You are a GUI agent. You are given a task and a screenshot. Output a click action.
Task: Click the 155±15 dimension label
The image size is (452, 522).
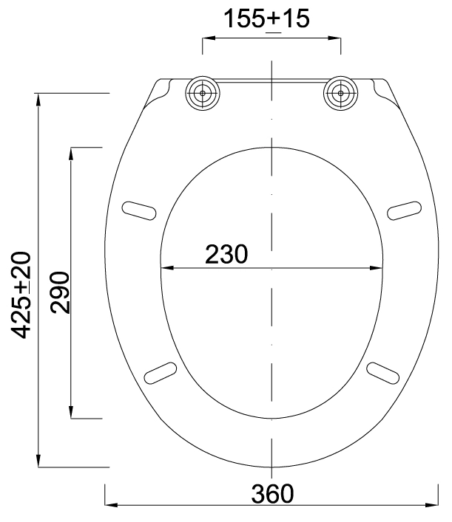[266, 19]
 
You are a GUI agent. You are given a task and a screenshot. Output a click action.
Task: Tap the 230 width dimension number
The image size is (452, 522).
[226, 254]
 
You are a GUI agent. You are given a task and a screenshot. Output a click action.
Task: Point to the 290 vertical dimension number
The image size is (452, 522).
[60, 292]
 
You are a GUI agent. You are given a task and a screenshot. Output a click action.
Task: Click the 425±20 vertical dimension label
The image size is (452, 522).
[21, 295]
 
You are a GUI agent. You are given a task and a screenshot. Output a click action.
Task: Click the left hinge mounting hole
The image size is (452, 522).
[203, 93]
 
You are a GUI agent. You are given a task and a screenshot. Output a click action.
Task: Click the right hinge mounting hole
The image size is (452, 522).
[340, 93]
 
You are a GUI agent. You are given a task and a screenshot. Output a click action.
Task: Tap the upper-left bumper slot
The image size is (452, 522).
[139, 210]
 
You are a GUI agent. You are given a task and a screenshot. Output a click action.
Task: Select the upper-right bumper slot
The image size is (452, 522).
[405, 210]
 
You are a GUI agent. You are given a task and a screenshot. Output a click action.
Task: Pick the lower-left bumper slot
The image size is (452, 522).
[161, 373]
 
